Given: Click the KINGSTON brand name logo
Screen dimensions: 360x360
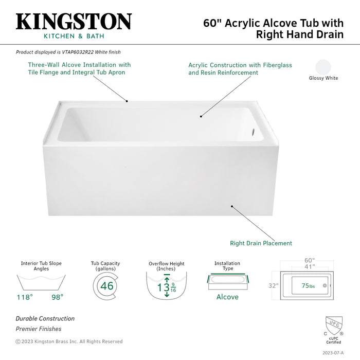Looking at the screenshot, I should [x=74, y=22].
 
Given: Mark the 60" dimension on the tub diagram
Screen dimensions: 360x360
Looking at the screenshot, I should [x=309, y=261].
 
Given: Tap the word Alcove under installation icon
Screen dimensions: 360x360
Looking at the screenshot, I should [x=227, y=297].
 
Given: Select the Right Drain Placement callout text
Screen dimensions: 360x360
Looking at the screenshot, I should [x=261, y=243].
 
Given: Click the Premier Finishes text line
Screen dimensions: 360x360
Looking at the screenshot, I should [x=38, y=329].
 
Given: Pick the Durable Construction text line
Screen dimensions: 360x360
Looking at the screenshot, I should [x=45, y=319].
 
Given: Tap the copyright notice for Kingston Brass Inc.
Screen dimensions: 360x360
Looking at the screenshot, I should [x=69, y=341].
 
